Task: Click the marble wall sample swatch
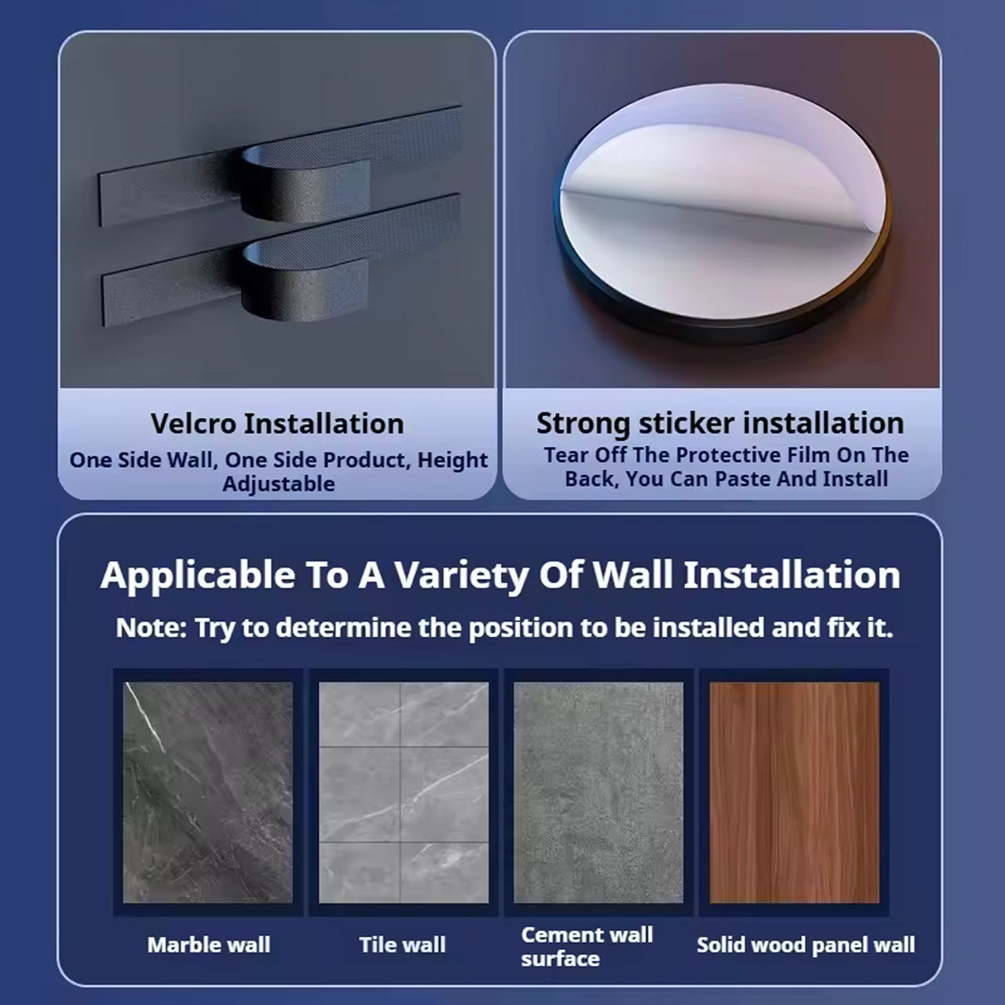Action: click(x=207, y=792)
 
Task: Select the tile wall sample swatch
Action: click(x=404, y=792)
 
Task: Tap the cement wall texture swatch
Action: click(x=598, y=792)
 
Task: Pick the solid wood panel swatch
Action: click(x=795, y=792)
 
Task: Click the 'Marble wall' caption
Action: click(x=209, y=945)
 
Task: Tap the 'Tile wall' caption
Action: click(x=403, y=945)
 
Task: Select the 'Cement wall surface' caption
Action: click(x=587, y=947)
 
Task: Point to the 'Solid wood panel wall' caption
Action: click(x=806, y=945)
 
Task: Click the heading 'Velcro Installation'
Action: click(x=277, y=423)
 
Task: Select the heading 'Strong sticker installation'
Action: click(x=720, y=423)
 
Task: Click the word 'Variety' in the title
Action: click(x=461, y=576)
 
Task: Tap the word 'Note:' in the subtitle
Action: click(x=152, y=627)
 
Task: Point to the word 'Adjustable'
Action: click(x=279, y=484)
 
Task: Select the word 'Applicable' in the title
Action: click(x=198, y=576)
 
